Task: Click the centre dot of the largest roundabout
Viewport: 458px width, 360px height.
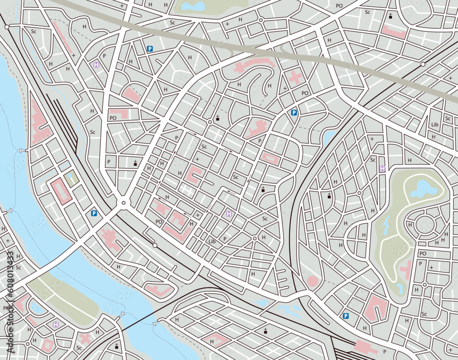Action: coord(123,202)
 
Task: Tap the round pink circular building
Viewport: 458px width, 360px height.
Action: coord(312,281)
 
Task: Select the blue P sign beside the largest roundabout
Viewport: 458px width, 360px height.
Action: coord(94,213)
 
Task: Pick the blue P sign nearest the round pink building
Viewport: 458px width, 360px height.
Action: coord(345,316)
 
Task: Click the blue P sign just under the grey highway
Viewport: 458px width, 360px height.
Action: coord(149,49)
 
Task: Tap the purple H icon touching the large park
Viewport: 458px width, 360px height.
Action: coord(382,169)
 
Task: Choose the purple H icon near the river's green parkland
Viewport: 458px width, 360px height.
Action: coord(56,324)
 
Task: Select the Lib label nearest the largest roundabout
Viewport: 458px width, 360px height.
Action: coord(212,241)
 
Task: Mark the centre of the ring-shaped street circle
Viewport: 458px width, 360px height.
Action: coord(425,224)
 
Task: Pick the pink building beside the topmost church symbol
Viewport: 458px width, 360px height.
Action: coord(394,32)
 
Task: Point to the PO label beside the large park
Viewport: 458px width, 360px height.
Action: coord(423,253)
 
